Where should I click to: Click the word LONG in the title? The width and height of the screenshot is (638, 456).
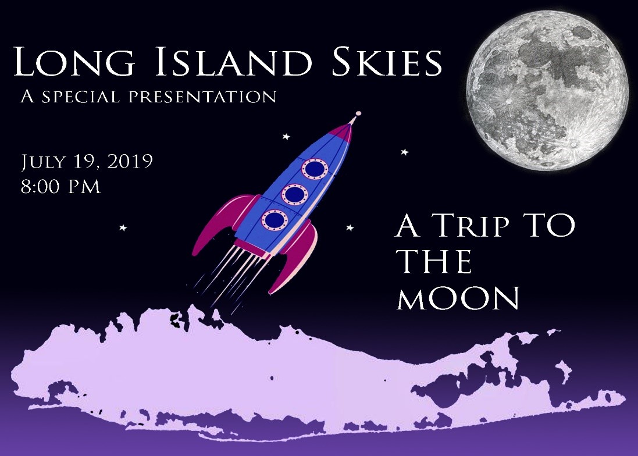point(74,62)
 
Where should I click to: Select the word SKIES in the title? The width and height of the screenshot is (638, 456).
point(387,62)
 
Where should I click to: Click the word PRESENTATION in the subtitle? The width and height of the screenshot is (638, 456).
point(202,97)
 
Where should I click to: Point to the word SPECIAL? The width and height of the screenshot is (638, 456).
point(81,97)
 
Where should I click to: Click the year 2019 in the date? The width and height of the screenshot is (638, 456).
point(130,161)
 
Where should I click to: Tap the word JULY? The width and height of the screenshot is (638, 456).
point(42,162)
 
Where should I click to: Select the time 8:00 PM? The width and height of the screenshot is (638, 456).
point(60,187)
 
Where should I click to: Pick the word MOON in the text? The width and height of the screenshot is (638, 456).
point(458,298)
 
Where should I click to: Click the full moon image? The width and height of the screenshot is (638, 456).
point(547,90)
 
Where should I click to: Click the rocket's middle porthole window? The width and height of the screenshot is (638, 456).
point(295,194)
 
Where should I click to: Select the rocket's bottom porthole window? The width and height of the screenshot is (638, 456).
point(275,220)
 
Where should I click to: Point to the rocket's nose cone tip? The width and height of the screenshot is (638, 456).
point(358,113)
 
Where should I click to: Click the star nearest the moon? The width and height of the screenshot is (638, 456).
point(404,152)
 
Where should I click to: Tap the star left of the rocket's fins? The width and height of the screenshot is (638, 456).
point(123,228)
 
